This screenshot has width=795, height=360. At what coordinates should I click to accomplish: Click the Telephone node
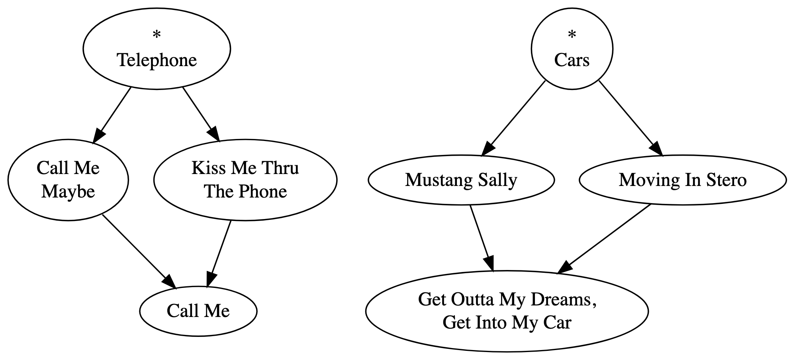coord(157,49)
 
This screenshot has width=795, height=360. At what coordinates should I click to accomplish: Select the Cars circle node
coord(572,49)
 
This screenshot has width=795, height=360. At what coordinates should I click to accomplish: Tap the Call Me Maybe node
coord(68,180)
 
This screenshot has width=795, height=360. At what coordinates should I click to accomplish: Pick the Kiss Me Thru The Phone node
coord(245,180)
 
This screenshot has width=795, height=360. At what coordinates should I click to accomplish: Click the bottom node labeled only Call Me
coord(198,311)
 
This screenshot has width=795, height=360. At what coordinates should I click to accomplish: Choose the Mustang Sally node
coord(461,180)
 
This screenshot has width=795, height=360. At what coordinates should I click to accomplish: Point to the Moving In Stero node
coord(683,180)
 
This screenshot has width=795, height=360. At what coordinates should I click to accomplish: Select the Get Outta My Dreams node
coord(507,311)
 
